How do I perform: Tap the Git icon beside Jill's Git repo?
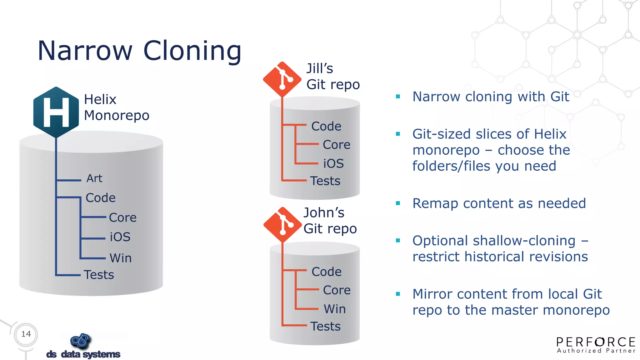[x=282, y=79]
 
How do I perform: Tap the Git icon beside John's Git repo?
[x=282, y=225]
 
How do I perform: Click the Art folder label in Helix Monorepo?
[x=94, y=178]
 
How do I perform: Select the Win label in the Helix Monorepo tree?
[x=121, y=258]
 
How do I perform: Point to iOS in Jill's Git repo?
[x=333, y=163]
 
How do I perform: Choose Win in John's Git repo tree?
[x=335, y=309]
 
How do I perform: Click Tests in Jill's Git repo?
[x=325, y=181]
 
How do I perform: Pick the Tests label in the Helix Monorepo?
[x=99, y=275]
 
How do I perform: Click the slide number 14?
[x=26, y=334]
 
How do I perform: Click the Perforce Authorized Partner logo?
[x=596, y=345]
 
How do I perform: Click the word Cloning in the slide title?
[x=192, y=51]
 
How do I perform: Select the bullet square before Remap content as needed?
[x=398, y=203]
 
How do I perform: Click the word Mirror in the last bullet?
[x=432, y=294]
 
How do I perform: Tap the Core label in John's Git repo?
[x=337, y=290]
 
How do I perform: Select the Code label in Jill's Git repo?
[x=326, y=126]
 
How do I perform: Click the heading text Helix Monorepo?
[x=116, y=107]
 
